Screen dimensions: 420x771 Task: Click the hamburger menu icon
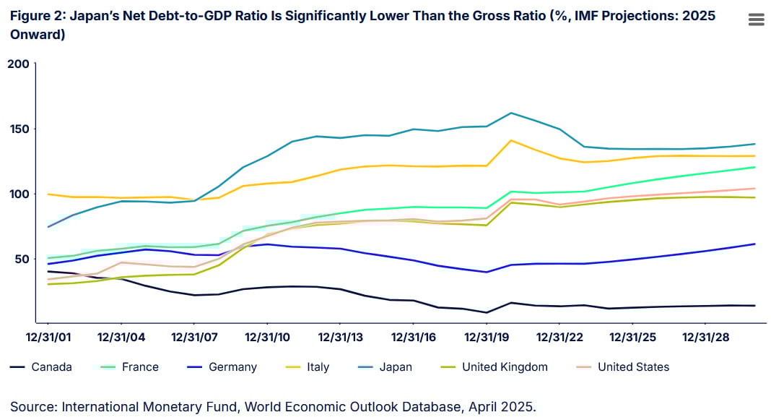click(756, 20)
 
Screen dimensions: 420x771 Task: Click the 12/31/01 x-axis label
click(48, 337)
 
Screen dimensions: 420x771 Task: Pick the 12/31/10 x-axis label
click(267, 337)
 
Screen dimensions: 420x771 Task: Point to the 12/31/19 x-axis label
click(487, 337)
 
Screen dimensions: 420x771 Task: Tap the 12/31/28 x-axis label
click(706, 337)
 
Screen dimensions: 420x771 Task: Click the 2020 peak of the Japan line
click(511, 113)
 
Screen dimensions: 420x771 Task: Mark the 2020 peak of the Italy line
click(511, 140)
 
